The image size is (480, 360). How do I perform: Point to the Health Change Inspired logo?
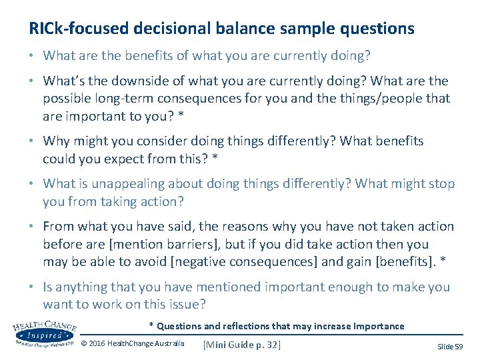coord(45,332)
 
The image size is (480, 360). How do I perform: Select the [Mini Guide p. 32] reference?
coord(241,344)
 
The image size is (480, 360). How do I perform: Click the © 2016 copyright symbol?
coord(84,344)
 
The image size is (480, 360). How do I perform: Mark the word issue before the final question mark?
coord(183,305)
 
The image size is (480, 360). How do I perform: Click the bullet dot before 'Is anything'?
coord(32,287)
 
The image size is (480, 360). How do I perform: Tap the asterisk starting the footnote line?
coord(151,325)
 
